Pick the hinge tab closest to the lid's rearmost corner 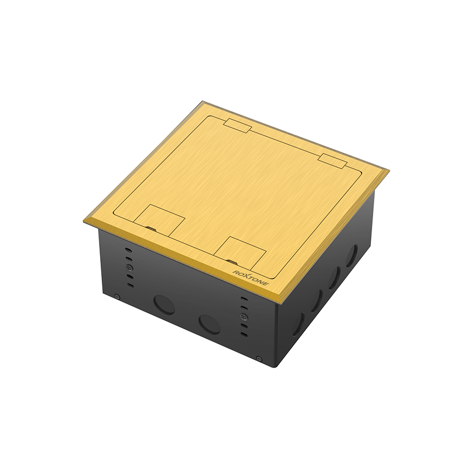coord(237,126)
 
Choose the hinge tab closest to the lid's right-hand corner coord(333,160)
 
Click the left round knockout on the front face coord(164,305)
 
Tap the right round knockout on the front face coord(209,324)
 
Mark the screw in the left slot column coord(128,268)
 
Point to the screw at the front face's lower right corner coord(260,358)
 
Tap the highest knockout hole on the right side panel coord(351,256)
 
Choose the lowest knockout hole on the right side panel coord(298,324)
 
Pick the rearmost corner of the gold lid coord(203,101)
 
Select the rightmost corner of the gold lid coord(388,171)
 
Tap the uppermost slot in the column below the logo coord(244,298)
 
